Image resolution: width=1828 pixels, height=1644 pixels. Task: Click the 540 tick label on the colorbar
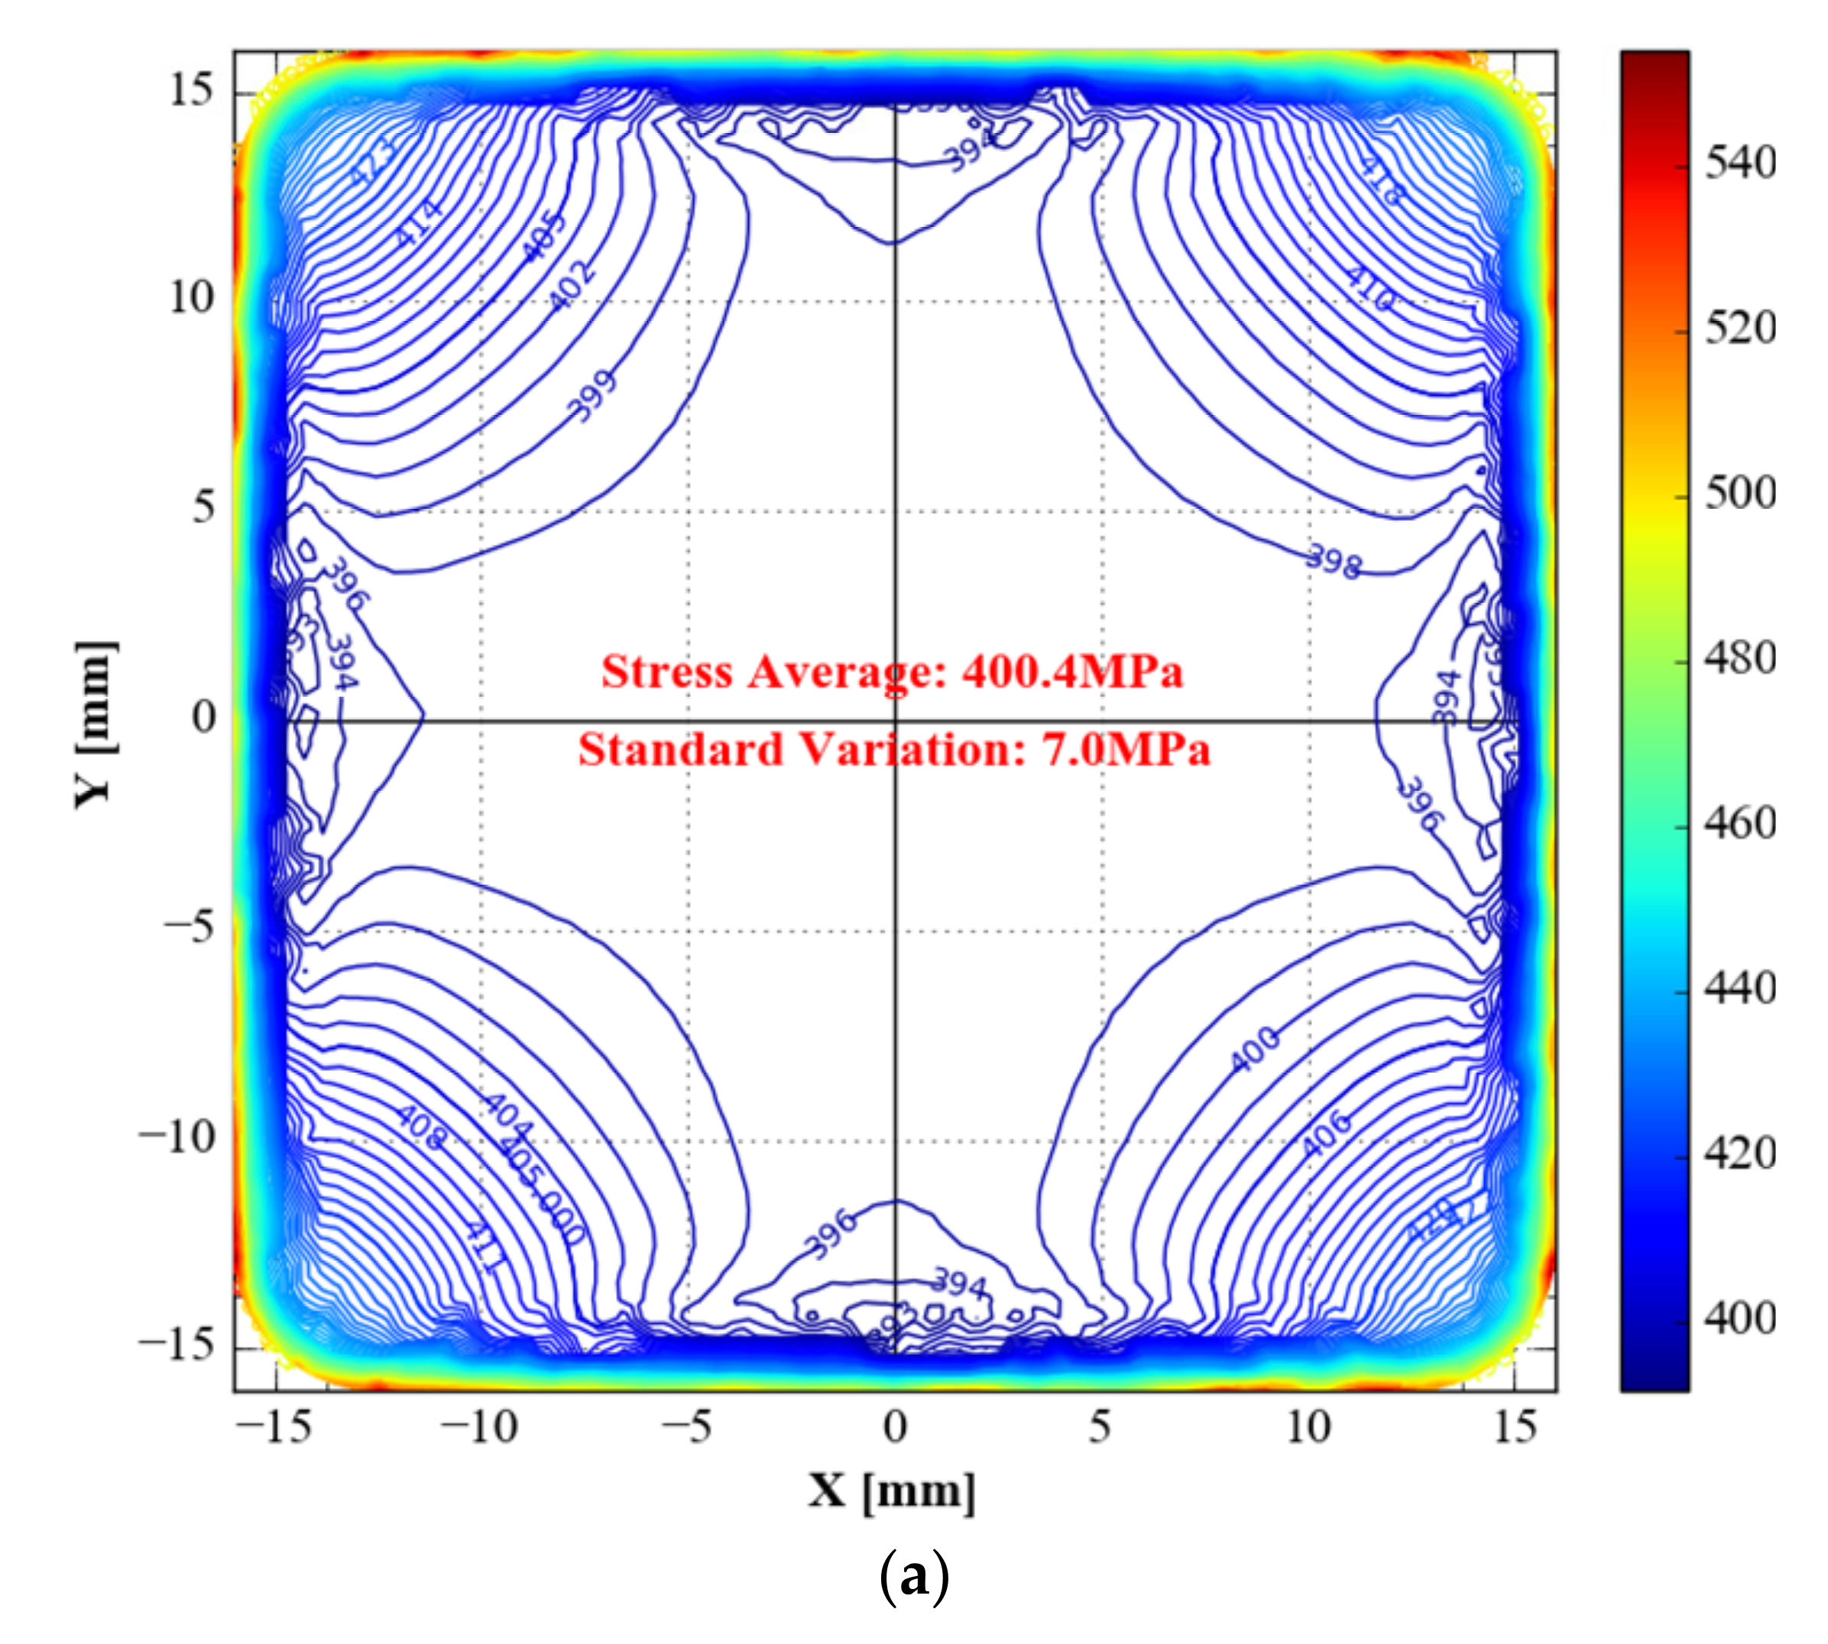click(x=1739, y=163)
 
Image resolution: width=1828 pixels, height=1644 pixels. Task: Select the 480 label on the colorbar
click(x=1739, y=658)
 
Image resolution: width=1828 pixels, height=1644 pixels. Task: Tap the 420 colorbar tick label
click(x=1739, y=1154)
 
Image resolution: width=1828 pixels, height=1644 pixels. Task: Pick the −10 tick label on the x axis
click(x=479, y=1428)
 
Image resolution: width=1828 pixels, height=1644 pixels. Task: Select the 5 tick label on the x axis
click(x=1100, y=1428)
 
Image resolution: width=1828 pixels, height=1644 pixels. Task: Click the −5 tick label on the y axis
click(x=189, y=926)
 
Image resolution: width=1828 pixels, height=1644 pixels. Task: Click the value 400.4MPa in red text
click(x=1073, y=672)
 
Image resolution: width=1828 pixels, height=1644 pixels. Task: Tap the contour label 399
click(x=594, y=396)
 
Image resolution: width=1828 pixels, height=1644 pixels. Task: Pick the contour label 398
click(x=1334, y=561)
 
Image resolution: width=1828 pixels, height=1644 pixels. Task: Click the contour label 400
click(x=1256, y=1050)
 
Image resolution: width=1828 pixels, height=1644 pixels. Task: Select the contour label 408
click(x=421, y=1128)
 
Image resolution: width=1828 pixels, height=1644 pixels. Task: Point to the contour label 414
click(x=420, y=222)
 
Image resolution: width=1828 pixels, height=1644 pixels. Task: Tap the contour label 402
click(x=573, y=284)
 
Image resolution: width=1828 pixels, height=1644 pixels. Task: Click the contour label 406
click(x=1327, y=1134)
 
